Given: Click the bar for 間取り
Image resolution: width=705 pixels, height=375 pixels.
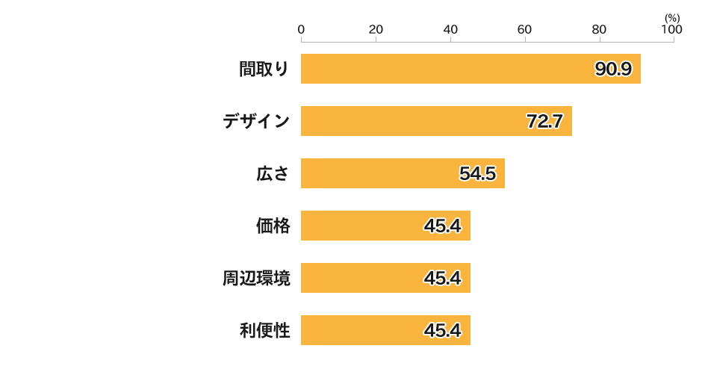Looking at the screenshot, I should click(x=470, y=69).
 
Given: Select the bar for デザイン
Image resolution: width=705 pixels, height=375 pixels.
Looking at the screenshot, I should click(x=436, y=121).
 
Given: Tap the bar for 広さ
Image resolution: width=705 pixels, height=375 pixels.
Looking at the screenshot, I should click(x=403, y=173).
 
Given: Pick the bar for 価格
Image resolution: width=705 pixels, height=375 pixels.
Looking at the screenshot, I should click(x=385, y=226).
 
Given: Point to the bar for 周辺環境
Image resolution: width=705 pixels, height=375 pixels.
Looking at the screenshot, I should click(x=385, y=278).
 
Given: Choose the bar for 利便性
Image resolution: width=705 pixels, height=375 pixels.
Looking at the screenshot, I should click(x=385, y=330).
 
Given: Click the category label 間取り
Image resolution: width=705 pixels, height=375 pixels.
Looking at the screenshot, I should click(x=264, y=69).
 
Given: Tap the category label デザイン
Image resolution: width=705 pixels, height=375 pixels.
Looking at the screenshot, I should click(x=256, y=121).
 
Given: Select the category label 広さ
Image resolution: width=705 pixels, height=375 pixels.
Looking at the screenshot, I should click(x=273, y=173).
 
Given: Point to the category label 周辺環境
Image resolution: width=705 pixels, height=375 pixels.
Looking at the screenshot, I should click(x=256, y=278).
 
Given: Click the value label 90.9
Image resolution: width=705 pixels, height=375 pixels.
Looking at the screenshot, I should click(x=613, y=69).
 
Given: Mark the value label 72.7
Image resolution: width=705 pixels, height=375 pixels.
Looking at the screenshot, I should click(x=544, y=122).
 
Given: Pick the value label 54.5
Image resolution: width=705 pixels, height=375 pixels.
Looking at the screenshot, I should click(x=477, y=174).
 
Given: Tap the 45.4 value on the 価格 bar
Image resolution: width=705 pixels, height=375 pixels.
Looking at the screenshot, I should click(x=442, y=226).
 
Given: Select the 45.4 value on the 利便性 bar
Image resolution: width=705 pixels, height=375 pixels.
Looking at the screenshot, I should click(x=442, y=331).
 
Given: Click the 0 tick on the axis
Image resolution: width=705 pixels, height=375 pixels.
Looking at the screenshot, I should click(x=301, y=29).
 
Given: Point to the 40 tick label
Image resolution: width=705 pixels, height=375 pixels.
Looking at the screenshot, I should click(x=450, y=29).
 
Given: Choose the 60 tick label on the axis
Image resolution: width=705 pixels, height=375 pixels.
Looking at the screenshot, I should click(x=525, y=29).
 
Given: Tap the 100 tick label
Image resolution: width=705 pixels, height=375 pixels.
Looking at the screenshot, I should click(x=671, y=29).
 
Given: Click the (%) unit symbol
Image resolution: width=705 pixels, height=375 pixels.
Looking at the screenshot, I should click(x=671, y=17).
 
